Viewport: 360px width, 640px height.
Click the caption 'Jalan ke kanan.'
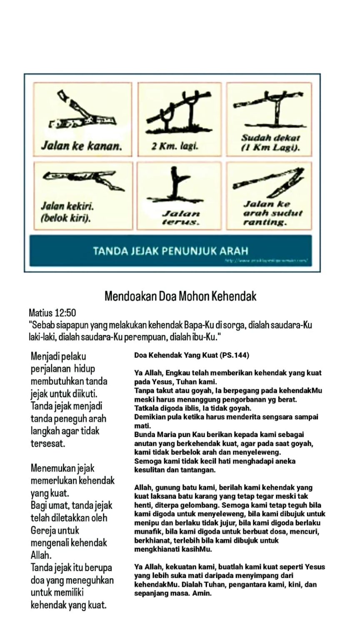click(x=81, y=146)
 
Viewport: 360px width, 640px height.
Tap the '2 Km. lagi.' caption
click(x=175, y=146)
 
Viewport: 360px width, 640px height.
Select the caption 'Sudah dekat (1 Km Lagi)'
click(x=271, y=143)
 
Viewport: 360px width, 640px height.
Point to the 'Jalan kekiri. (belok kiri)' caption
click(x=67, y=212)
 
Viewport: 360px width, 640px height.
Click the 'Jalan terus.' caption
click(x=180, y=218)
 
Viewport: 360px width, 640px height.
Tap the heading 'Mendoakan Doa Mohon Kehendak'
click(x=180, y=296)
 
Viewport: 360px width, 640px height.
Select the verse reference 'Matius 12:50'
click(x=52, y=312)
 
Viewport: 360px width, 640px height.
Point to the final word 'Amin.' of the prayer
click(x=202, y=593)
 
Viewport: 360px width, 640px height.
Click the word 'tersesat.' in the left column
click(x=48, y=443)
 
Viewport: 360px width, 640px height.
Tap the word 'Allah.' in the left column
click(x=41, y=555)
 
